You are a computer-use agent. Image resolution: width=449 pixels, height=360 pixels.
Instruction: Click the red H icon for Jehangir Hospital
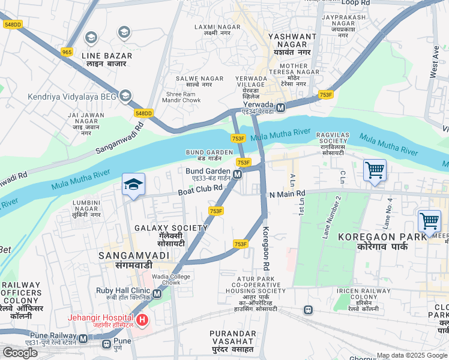tap(142, 320)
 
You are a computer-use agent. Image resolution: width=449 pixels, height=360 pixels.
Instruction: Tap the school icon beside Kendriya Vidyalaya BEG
tap(125, 95)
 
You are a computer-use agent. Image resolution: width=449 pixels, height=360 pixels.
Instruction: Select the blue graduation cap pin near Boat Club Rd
tap(134, 184)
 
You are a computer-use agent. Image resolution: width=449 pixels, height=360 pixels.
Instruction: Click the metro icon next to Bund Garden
tap(238, 175)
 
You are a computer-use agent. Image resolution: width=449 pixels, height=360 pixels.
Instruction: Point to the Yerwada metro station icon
tap(280, 107)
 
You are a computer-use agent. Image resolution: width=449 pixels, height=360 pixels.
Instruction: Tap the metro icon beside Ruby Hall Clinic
tap(157, 294)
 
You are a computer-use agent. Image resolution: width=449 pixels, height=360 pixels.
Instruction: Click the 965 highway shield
tap(67, 53)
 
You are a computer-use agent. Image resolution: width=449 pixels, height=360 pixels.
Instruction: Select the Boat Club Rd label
tap(200, 190)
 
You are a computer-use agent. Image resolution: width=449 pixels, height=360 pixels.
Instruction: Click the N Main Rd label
tap(288, 194)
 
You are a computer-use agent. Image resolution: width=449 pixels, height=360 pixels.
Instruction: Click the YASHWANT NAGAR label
tap(292, 41)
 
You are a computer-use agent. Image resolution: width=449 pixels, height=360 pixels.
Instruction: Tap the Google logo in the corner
tap(20, 352)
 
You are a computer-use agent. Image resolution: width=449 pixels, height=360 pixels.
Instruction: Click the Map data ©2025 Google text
tap(412, 355)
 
